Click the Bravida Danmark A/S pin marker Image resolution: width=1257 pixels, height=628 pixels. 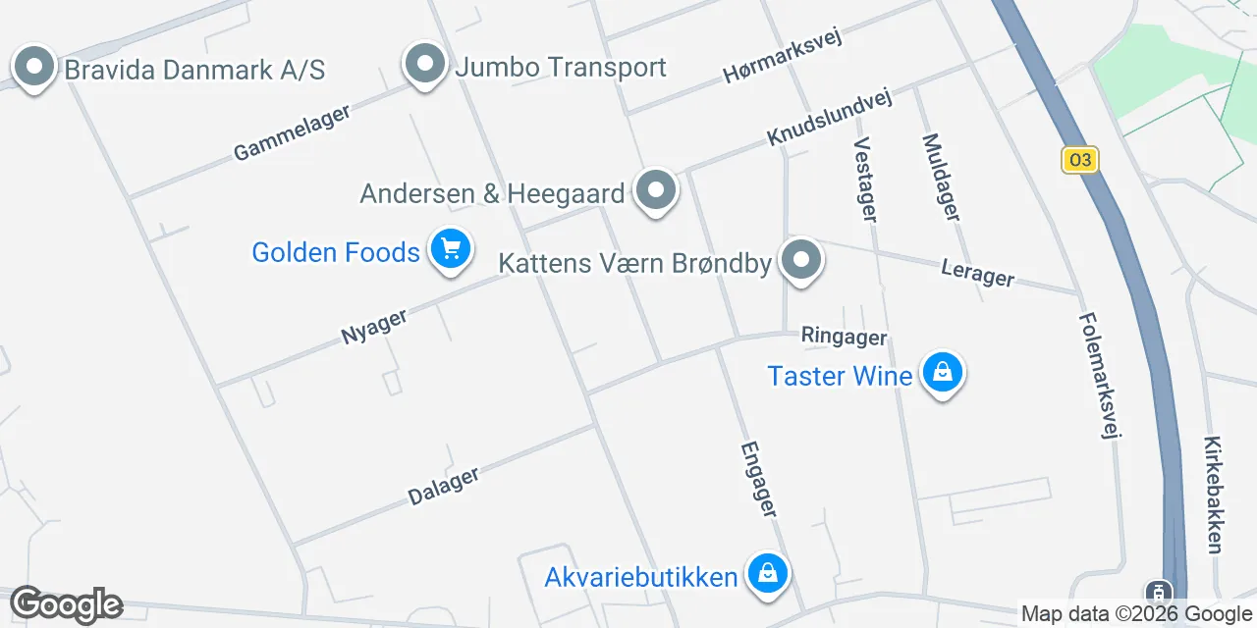35,68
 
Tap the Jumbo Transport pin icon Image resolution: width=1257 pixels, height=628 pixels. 425,65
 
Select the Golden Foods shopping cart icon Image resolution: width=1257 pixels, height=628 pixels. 451,250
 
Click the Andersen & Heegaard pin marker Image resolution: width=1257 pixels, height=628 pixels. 656,191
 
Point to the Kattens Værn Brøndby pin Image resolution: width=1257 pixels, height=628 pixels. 802,261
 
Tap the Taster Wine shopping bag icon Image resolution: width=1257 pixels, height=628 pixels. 942,374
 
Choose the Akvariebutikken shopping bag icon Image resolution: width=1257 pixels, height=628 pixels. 767,574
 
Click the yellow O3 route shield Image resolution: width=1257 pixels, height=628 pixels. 1079,160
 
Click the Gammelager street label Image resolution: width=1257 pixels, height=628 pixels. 292,132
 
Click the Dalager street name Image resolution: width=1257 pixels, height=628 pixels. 443,486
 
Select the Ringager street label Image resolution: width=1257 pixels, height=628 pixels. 844,337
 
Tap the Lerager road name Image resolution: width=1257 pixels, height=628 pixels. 977,273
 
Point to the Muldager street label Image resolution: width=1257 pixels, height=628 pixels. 941,177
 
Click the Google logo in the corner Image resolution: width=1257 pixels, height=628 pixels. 66,605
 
